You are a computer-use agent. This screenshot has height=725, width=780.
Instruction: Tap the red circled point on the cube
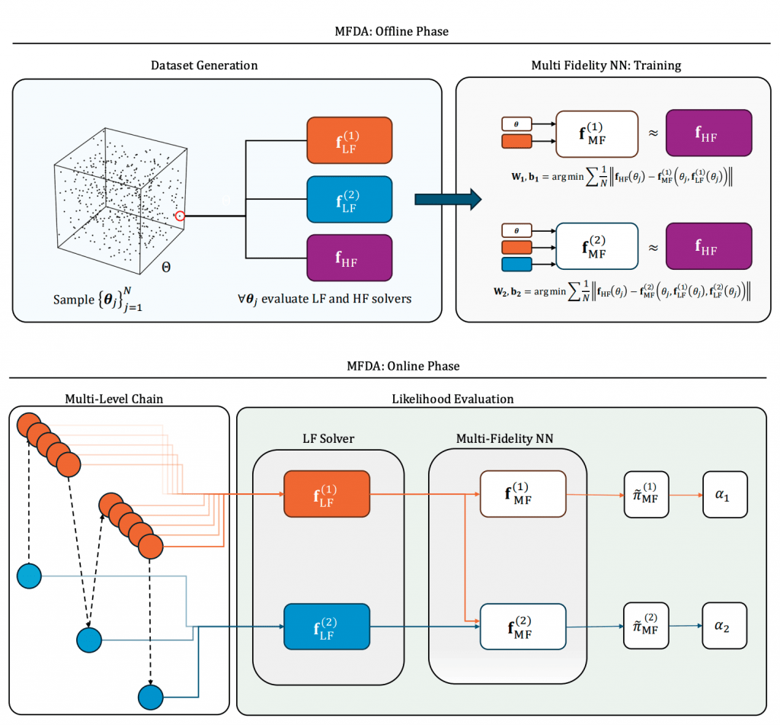180,216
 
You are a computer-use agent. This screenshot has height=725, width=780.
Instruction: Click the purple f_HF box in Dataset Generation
349,258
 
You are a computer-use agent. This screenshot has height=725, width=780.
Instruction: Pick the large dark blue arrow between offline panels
448,200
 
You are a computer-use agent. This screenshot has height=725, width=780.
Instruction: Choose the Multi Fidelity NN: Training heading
606,66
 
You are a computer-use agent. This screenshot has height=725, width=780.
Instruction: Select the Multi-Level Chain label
115,398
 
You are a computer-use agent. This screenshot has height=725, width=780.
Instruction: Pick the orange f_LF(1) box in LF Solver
326,493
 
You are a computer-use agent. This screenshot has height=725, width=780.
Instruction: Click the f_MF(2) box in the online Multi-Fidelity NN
523,626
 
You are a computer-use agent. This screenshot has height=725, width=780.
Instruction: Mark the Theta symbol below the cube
167,268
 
